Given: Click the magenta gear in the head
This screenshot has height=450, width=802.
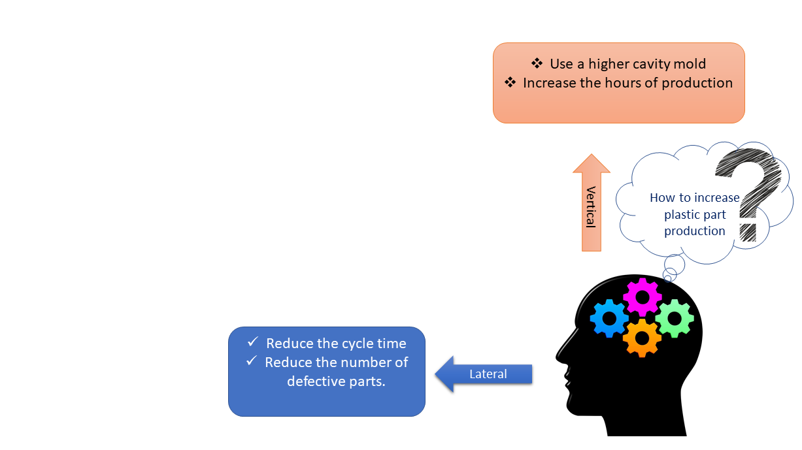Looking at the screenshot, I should (x=643, y=297).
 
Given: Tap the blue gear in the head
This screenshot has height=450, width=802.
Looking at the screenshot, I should (x=609, y=319).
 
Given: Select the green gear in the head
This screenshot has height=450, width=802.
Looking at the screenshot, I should (x=675, y=318).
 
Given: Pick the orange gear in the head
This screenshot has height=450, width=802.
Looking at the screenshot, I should (x=642, y=338).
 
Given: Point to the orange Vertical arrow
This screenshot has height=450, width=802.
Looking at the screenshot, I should (x=591, y=203).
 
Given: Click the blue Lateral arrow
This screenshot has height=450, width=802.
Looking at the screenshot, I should (x=484, y=374).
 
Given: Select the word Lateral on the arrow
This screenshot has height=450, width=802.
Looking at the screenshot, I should (x=488, y=374).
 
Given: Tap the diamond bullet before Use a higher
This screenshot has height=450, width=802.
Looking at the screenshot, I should (x=537, y=63).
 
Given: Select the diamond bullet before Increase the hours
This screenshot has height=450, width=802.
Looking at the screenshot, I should (x=510, y=83).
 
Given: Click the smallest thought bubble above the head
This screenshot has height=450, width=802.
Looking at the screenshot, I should (x=667, y=278).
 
